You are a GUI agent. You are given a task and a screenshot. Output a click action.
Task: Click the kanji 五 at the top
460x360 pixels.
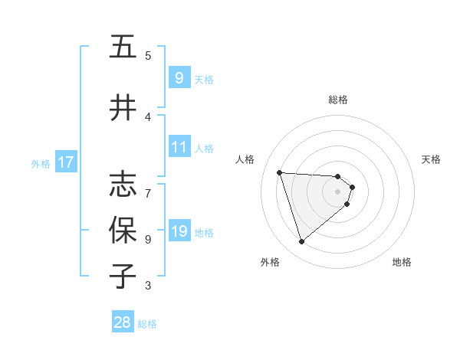pos(123,47)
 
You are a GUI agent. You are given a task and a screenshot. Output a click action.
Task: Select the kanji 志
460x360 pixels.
pos(123,183)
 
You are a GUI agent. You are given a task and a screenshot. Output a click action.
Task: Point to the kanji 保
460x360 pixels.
pos(123,230)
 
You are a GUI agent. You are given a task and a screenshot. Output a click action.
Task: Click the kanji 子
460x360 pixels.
pos(123,276)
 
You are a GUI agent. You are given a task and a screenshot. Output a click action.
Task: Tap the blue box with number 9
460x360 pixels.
pos(179,77)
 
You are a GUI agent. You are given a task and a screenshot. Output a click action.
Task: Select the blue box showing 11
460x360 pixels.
pos(179,147)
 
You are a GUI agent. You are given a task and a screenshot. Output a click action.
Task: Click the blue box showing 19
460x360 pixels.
pos(179,231)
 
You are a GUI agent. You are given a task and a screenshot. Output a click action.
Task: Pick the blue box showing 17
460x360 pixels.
pos(65,162)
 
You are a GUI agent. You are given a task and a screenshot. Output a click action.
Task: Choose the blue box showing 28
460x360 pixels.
pos(123,322)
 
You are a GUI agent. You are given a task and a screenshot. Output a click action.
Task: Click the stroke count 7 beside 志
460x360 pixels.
pos(148,185)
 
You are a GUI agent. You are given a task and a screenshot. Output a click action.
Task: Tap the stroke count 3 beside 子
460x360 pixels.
pos(148,286)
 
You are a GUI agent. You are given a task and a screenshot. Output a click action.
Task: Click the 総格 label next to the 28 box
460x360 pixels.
pos(147,324)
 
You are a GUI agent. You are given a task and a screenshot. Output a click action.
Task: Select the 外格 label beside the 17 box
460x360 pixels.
pos(41,163)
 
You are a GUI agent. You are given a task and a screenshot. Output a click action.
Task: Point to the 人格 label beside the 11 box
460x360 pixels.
pos(204,149)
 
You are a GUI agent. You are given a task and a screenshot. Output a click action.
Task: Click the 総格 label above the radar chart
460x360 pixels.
pos(338,100)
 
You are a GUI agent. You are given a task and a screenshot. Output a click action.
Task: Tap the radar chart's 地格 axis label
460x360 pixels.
pos(402,262)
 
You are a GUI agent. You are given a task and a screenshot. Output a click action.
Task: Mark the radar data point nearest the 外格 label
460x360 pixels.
pos(302,242)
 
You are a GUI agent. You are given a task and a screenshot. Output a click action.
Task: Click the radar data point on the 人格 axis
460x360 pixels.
pos(280,172)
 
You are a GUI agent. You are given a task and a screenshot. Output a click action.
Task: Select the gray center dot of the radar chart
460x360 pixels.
pos(338,202)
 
